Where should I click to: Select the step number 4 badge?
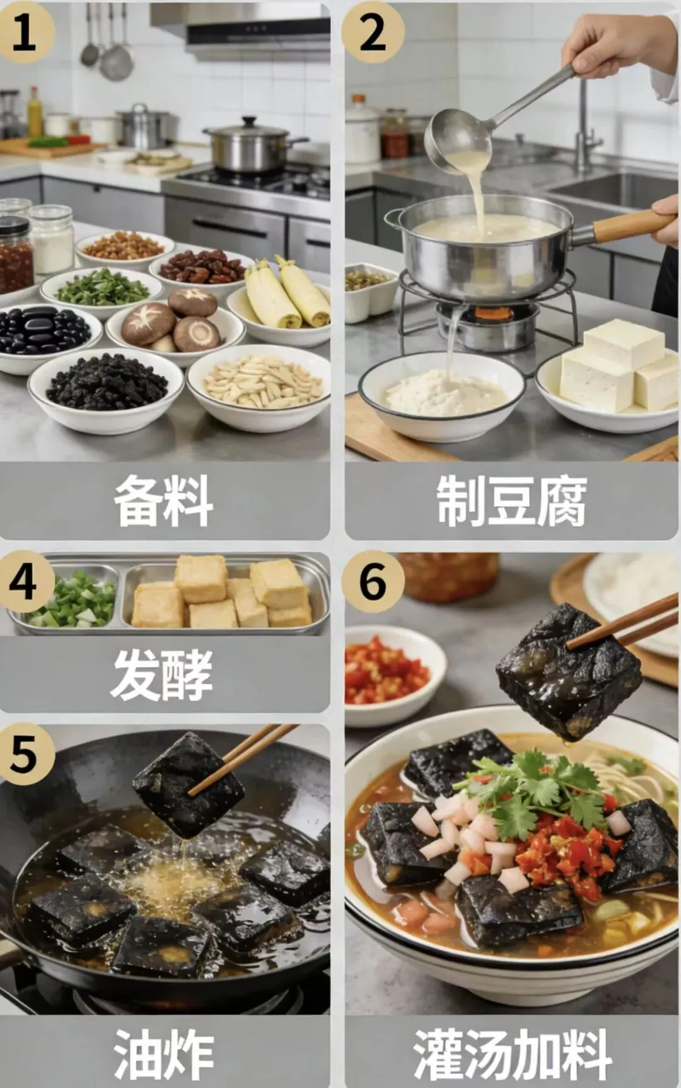[24, 581]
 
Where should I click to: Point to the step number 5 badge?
[24, 753]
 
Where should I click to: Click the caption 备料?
[163, 501]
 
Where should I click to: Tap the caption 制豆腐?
[511, 501]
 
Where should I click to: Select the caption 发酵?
[163, 674]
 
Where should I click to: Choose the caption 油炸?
[164, 1053]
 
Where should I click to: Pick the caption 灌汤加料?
[512, 1053]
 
